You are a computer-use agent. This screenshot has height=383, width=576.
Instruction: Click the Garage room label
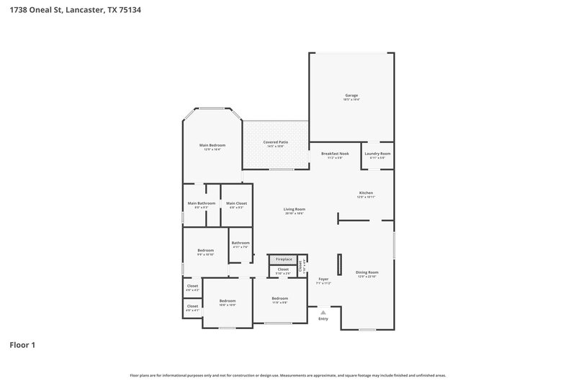[x=351, y=96]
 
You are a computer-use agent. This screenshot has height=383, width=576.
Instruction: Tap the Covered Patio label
[x=276, y=143]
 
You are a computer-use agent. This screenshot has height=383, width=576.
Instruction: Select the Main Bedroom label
[x=212, y=146]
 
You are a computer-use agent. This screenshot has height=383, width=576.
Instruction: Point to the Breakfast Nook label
[x=335, y=154]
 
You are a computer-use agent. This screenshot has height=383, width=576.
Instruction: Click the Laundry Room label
[x=377, y=154]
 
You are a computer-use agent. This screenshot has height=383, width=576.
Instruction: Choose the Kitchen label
[x=366, y=193]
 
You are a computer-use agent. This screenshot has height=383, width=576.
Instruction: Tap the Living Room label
[x=294, y=210]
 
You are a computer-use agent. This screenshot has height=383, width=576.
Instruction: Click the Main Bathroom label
[x=202, y=203]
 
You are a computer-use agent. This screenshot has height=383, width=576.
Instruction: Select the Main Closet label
[x=237, y=203]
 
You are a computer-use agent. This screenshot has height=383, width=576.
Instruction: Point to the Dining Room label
[x=367, y=272]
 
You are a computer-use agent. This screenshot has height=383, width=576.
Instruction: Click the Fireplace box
[x=284, y=259]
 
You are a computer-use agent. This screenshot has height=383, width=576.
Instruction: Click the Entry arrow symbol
[x=323, y=312]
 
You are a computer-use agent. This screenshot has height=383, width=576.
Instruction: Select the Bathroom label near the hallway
[x=240, y=243]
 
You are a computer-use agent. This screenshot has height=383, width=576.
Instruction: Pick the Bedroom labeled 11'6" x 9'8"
[x=280, y=299]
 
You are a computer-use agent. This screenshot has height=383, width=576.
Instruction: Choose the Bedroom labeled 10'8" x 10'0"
[x=228, y=301]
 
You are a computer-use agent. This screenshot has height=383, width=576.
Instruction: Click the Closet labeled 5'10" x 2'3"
[x=283, y=270]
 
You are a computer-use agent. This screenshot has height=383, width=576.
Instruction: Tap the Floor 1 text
[x=22, y=345]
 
